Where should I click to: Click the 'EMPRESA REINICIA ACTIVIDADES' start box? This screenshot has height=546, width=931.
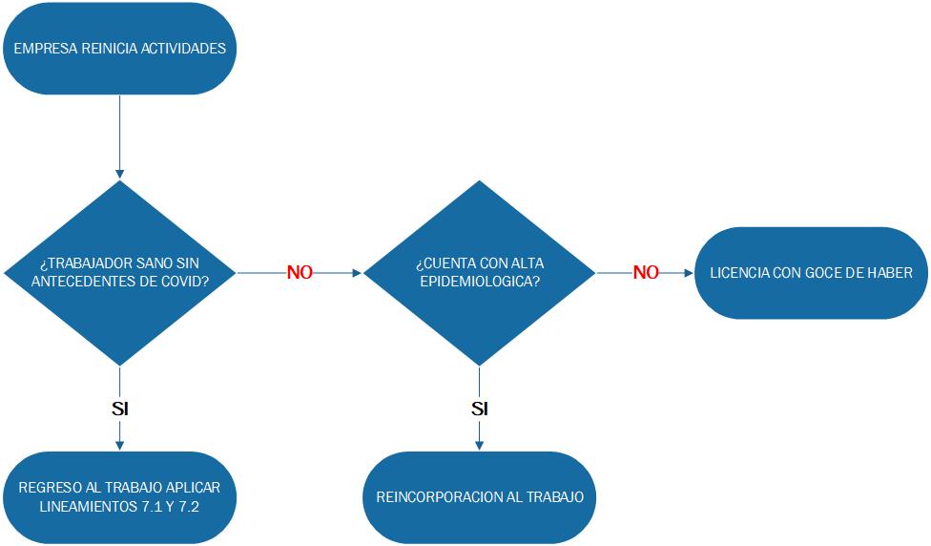[x=119, y=49]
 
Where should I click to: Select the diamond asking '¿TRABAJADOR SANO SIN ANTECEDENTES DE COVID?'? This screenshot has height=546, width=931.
[x=119, y=273]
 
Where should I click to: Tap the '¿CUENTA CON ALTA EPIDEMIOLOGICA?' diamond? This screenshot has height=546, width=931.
[x=480, y=273]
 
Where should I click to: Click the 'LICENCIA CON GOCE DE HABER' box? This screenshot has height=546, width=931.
[x=811, y=273]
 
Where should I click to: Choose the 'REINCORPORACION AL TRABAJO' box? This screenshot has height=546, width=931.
[x=480, y=497]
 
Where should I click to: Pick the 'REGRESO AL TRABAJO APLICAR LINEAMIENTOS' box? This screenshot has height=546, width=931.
[x=119, y=497]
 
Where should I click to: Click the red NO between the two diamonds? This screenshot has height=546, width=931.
[x=300, y=273]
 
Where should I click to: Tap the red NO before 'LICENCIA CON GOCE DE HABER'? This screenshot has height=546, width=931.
[x=646, y=273]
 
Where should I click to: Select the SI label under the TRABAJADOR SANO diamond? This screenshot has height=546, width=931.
[x=119, y=409]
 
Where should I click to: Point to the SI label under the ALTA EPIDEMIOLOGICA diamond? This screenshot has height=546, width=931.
[x=480, y=409]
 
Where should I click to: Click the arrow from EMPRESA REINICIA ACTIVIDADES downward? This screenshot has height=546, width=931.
[x=119, y=134]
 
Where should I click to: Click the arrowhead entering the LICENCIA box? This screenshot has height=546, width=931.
[x=688, y=273]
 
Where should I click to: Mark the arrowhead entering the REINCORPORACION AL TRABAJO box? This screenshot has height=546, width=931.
[x=480, y=445]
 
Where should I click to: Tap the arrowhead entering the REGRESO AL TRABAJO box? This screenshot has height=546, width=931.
[x=119, y=445]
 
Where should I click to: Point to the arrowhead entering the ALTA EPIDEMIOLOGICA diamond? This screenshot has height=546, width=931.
[x=358, y=273]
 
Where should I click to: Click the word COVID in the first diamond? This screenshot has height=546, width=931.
[x=187, y=281]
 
